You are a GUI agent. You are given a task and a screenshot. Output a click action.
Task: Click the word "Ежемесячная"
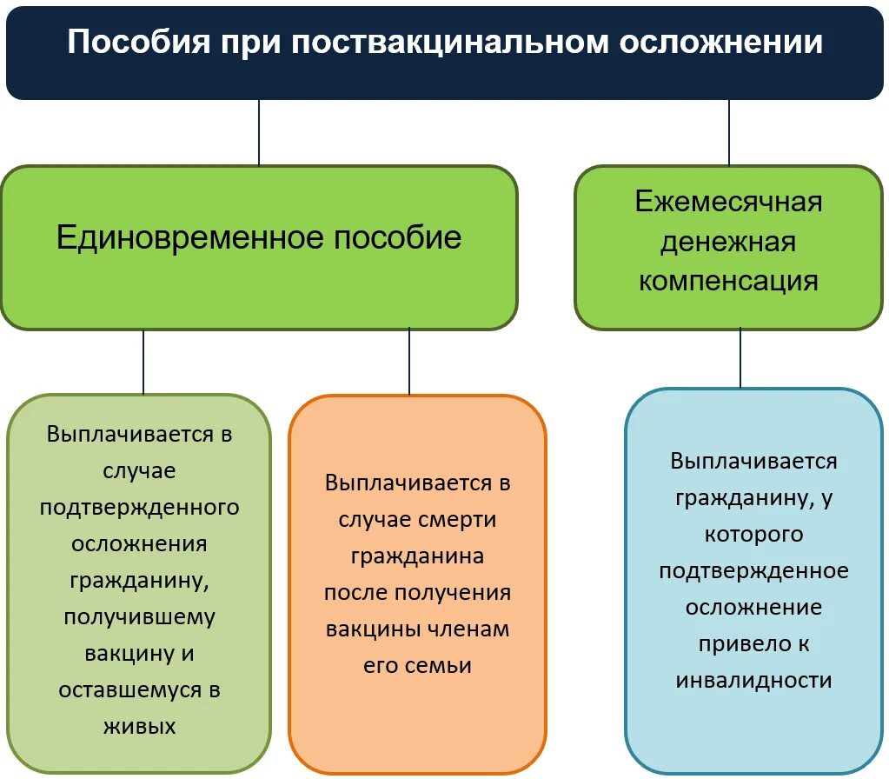pos(728,202)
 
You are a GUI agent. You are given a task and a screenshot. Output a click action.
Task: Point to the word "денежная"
pos(728,242)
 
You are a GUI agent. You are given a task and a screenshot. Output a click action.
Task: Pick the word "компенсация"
pos(728,281)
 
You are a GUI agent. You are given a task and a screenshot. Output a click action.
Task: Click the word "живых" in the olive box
pos(140,726)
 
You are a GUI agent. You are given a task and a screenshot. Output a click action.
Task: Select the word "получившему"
pos(140,616)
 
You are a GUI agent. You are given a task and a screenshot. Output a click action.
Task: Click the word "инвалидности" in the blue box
pos(753,681)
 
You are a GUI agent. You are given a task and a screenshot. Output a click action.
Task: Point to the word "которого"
pos(753,533)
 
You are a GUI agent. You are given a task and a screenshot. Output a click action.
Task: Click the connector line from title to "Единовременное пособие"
pos(259,132)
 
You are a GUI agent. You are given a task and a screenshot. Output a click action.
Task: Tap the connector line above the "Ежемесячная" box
pos(729,132)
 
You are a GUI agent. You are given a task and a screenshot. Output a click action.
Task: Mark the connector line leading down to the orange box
pos(409,362)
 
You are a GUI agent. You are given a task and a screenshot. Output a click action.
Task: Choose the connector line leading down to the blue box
pos(740,357)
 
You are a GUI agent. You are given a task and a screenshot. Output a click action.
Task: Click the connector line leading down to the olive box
pos(143,362)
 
